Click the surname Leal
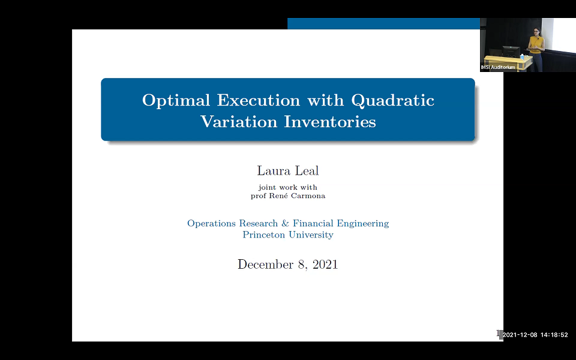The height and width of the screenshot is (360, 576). coord(307,171)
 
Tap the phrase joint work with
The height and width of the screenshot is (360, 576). coord(287,187)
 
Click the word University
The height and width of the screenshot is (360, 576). coord(311,235)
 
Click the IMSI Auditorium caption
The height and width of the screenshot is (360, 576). coord(498,67)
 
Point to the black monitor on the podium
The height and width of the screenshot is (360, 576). coord(510,51)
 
